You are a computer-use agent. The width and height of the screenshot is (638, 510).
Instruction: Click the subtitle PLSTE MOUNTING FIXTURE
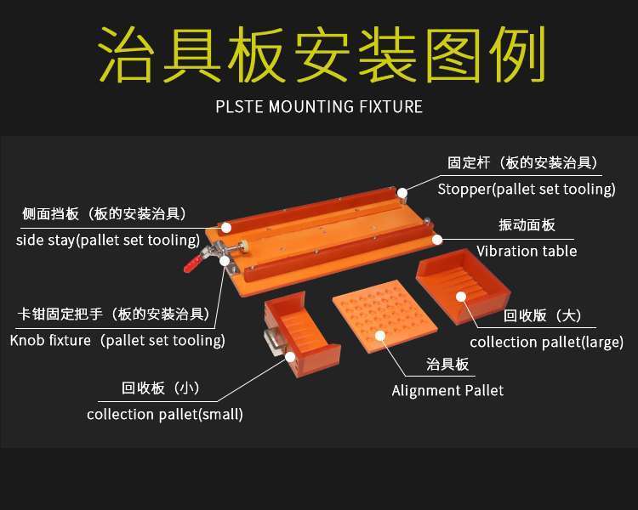click(319, 107)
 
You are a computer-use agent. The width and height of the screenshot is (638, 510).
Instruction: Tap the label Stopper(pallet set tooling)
click(526, 189)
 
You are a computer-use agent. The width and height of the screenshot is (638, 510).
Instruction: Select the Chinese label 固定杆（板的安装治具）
click(526, 162)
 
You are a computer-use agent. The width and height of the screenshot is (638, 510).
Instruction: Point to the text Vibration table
click(526, 251)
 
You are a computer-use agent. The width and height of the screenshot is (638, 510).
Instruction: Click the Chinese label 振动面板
click(527, 225)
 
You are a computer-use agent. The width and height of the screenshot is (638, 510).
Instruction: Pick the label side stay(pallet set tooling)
click(107, 240)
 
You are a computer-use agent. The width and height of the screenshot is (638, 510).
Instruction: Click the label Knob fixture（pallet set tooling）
click(117, 340)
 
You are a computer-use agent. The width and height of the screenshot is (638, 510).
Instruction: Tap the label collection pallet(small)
click(165, 415)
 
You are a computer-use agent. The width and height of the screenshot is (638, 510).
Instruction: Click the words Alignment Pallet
click(447, 390)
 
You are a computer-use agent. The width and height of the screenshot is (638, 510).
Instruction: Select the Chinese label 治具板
click(447, 365)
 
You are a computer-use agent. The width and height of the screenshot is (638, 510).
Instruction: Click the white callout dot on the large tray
click(460, 297)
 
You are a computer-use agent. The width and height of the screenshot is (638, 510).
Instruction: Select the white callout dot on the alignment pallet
click(382, 337)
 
